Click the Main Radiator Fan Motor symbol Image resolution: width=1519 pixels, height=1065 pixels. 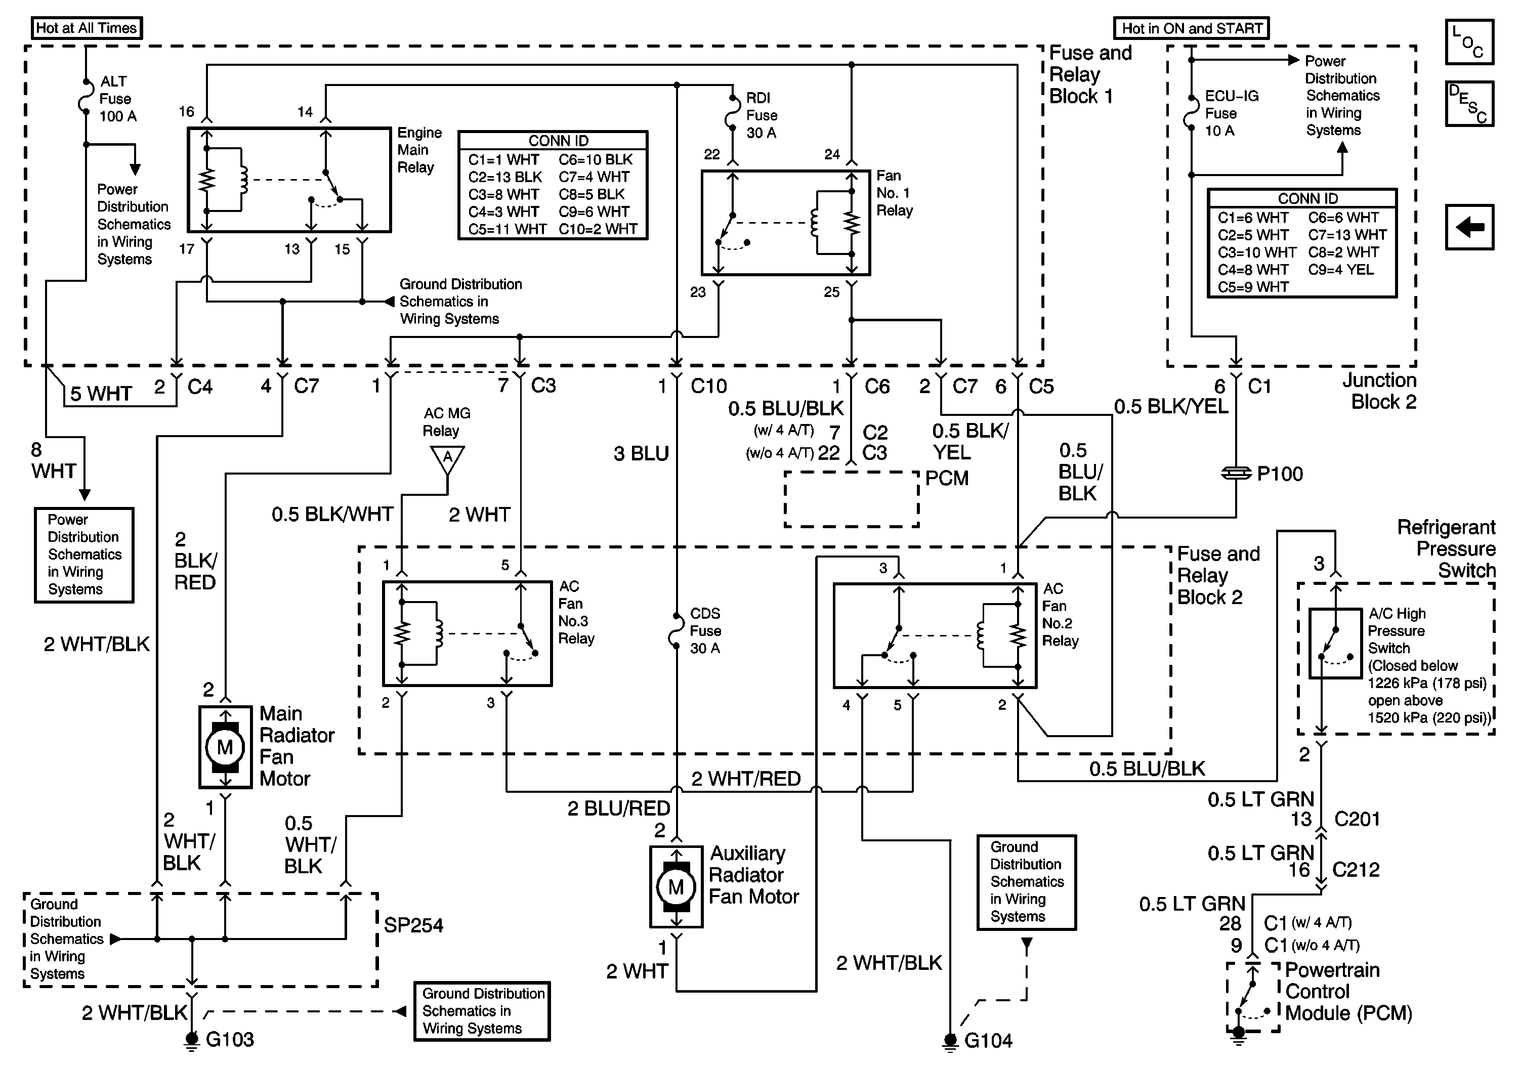pos(226,747)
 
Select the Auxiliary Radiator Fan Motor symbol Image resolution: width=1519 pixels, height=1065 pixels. pos(676,886)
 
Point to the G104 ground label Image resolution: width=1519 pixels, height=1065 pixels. pos(988,1041)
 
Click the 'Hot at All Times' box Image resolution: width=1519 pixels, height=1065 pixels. pos(87,28)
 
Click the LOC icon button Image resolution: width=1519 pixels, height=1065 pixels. pos(1469,41)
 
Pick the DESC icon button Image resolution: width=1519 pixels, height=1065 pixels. pos(1469,103)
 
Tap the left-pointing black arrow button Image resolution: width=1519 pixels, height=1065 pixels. pos(1469,227)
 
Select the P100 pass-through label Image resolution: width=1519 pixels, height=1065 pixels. pos(1280,474)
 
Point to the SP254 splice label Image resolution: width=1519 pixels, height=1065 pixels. pos(413,925)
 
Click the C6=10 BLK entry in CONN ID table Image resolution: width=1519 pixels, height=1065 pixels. pos(596,159)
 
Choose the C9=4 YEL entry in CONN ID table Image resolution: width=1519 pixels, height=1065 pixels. pos(1340,269)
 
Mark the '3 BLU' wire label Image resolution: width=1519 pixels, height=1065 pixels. pos(641,454)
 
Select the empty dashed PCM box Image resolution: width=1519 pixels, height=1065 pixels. pos(852,499)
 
